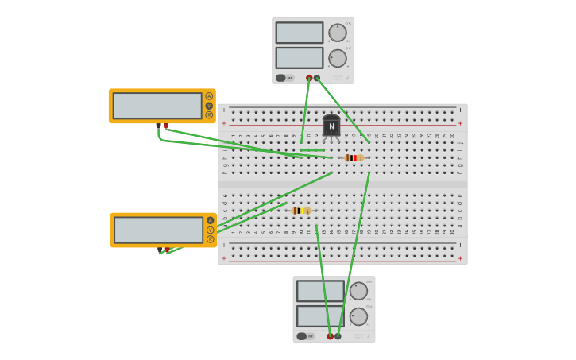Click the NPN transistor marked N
(331, 126)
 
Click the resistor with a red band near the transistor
(354, 158)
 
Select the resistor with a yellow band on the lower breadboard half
(300, 211)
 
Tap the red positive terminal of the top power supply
(309, 78)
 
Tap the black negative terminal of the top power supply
(317, 78)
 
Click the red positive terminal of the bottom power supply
(330, 336)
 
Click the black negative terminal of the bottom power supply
(338, 336)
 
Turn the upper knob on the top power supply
(338, 33)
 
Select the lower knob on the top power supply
(338, 58)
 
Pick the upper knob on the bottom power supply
(358, 291)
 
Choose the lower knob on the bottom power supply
(358, 316)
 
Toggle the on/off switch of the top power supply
(281, 78)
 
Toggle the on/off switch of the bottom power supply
(302, 336)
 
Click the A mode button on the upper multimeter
(209, 96)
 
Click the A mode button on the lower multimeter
(211, 220)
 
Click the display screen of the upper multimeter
(157, 106)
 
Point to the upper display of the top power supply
(300, 33)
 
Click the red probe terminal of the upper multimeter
(165, 126)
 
